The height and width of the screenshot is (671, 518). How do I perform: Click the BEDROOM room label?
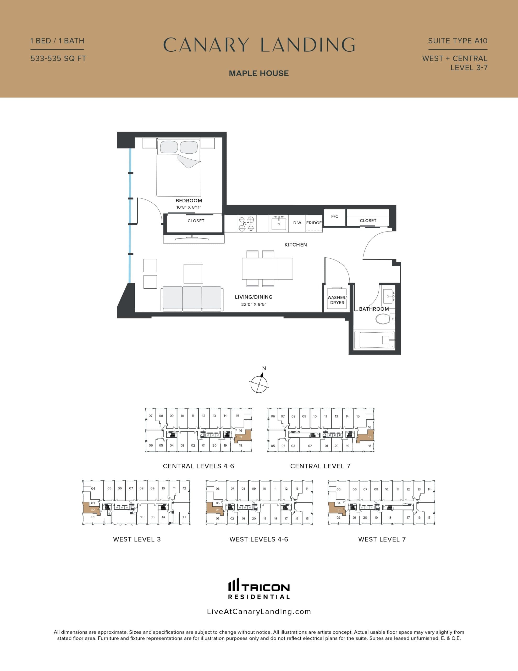coord(189,201)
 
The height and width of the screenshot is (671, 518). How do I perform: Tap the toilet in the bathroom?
coord(385,319)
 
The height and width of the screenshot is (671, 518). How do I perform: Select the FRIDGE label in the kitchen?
coord(314,223)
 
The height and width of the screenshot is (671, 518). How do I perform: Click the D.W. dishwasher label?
coord(297,223)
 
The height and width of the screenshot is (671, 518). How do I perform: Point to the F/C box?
coord(335,217)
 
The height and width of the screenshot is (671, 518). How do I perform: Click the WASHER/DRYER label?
coord(337,300)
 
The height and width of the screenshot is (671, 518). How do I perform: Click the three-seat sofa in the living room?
coord(192,299)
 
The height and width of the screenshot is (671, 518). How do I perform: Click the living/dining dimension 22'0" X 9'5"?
coord(254,305)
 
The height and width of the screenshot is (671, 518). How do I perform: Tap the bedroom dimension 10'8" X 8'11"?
coord(189,207)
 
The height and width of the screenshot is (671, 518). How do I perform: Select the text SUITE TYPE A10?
coord(458,41)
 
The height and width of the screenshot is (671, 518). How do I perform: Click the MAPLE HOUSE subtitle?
coord(259,73)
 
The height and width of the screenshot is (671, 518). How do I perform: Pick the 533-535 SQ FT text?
coord(58,58)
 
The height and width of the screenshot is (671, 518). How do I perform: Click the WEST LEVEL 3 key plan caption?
coord(137,539)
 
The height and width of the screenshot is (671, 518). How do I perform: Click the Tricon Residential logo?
coord(259,588)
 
